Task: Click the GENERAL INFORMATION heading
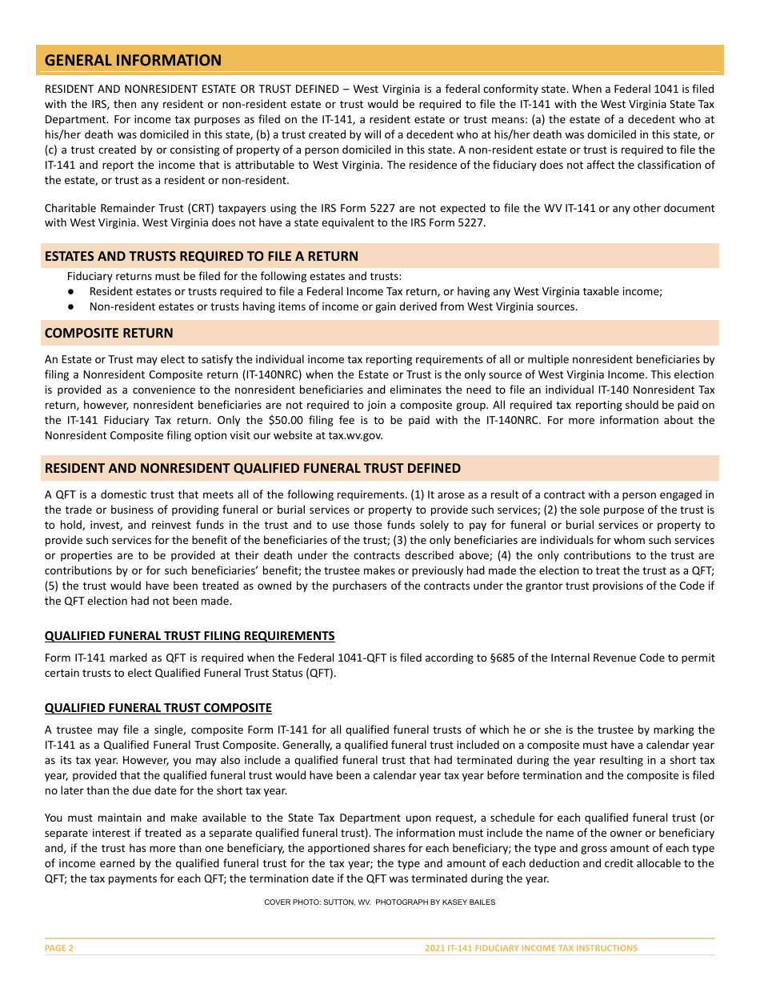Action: click(133, 60)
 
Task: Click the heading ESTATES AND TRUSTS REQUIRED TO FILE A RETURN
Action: click(202, 256)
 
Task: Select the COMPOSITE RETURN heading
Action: click(109, 333)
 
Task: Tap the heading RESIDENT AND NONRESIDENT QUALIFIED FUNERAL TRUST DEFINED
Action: click(253, 468)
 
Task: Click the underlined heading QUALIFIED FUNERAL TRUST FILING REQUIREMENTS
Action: click(190, 636)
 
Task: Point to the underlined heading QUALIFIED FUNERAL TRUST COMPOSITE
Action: click(158, 708)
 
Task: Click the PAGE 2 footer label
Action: click(59, 948)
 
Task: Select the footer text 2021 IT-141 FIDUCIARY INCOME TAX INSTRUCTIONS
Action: click(531, 948)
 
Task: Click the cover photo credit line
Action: click(380, 902)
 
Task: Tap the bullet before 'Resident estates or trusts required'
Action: click(71, 292)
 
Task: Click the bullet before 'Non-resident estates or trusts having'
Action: click(71, 306)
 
